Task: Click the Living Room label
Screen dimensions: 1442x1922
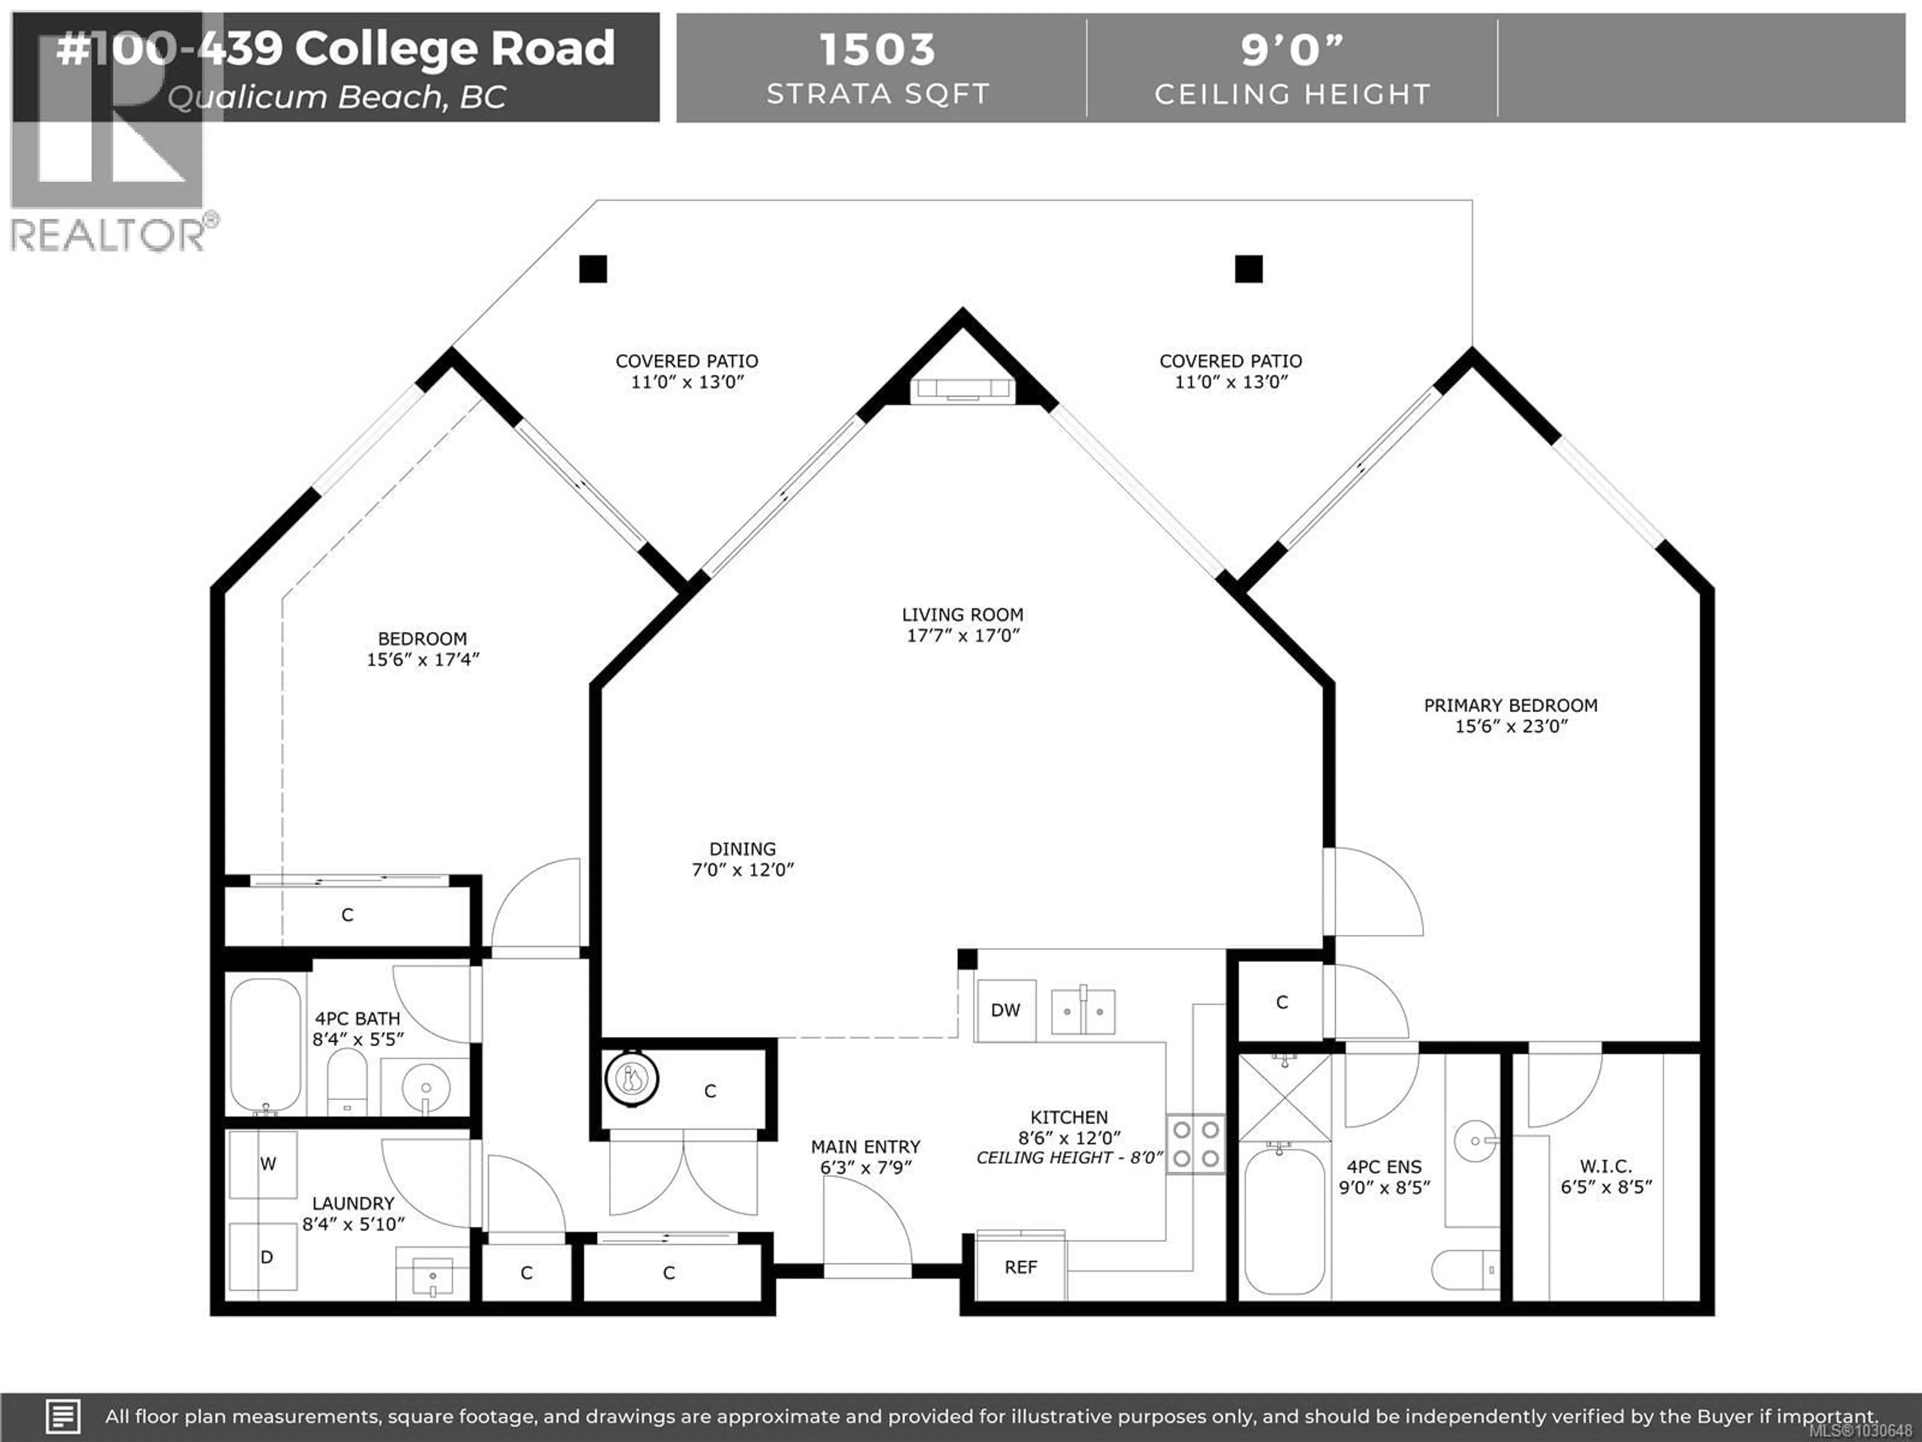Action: point(962,614)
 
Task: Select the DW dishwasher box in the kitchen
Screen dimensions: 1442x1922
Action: point(1006,1010)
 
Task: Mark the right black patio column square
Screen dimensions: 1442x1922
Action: point(1249,268)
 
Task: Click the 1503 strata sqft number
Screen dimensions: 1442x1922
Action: point(877,50)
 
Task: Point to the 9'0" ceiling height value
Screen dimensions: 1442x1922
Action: point(1291,50)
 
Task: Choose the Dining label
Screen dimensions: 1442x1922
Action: point(742,848)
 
